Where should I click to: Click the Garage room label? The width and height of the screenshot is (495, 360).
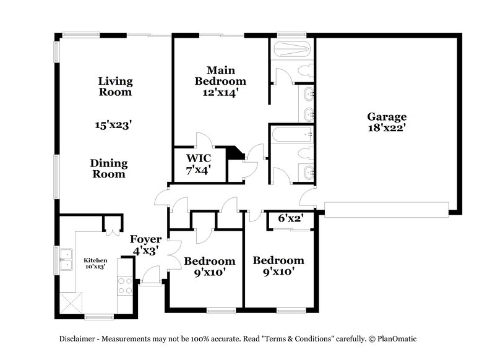387,116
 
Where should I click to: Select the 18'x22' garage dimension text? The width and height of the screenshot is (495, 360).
387,129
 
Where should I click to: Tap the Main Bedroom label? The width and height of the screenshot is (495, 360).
220,75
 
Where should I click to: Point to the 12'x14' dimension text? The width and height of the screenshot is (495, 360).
220,93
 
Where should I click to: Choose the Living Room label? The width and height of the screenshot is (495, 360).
115,87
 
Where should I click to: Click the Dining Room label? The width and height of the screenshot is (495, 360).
109,168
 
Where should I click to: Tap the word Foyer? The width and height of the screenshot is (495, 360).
145,239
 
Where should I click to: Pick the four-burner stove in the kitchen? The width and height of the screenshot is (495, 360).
125,285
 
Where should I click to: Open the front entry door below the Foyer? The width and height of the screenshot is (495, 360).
150,276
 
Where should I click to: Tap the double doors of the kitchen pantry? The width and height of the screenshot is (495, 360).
113,224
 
